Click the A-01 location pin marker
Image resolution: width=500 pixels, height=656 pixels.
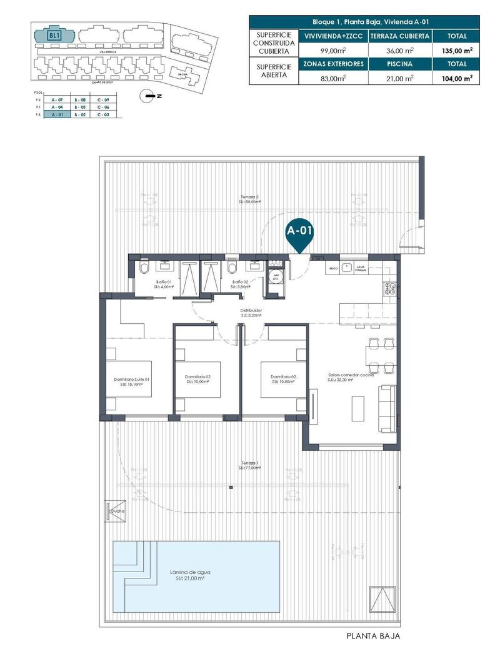click(x=299, y=232)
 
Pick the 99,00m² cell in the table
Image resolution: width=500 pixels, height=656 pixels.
click(x=334, y=50)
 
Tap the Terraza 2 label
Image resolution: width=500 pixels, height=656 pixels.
click(x=249, y=199)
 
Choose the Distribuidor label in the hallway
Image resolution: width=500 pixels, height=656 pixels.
click(x=250, y=312)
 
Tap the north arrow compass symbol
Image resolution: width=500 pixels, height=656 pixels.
click(x=148, y=96)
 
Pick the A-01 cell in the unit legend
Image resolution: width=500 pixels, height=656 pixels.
click(x=58, y=115)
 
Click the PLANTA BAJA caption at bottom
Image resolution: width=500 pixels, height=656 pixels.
click(x=372, y=636)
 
